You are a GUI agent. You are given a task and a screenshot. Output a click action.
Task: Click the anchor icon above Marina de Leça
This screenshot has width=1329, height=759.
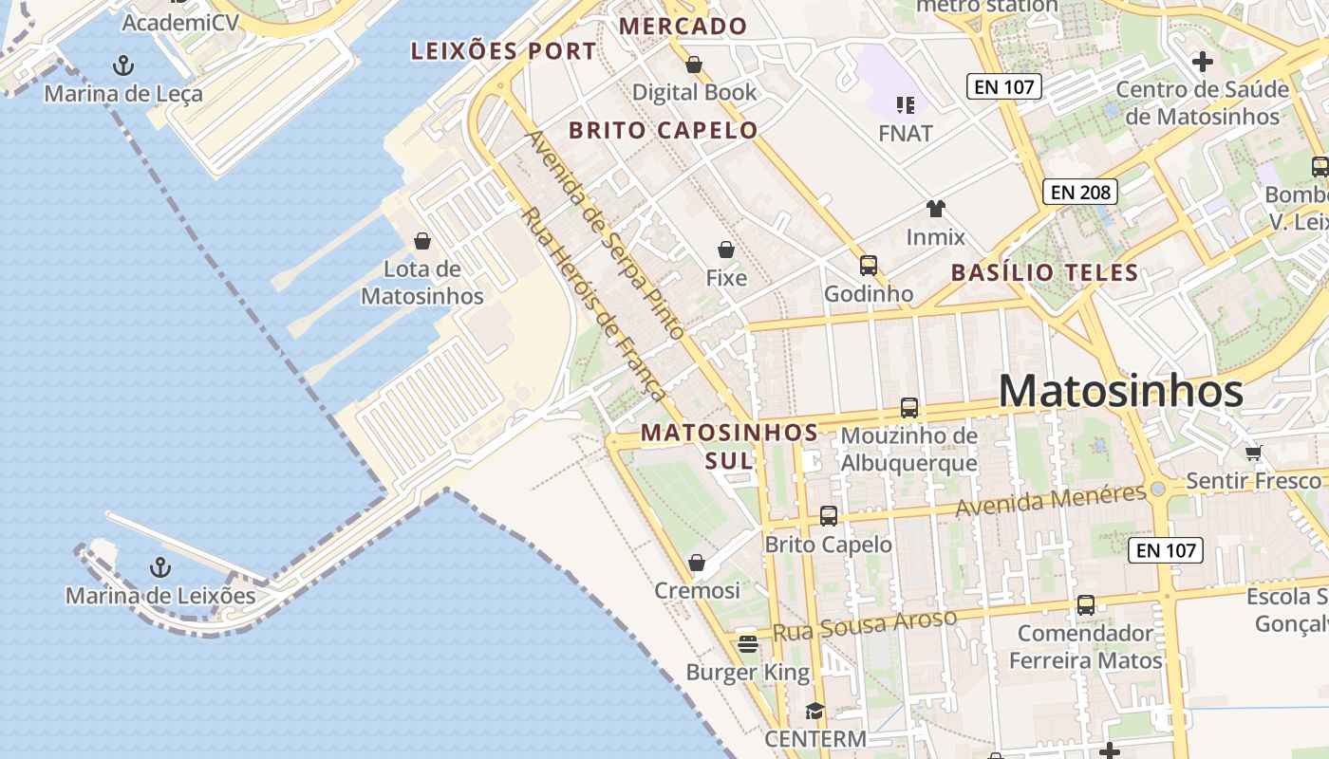click(123, 65)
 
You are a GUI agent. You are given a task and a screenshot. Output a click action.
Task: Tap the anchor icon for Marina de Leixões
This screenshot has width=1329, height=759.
click(160, 567)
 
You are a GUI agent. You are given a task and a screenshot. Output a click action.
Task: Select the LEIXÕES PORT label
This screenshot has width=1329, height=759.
click(503, 51)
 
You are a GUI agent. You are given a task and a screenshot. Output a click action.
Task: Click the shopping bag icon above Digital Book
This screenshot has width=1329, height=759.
click(694, 65)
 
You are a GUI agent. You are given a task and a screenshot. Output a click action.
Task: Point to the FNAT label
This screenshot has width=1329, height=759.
click(906, 134)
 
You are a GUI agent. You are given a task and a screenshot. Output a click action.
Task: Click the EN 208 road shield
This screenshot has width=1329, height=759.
click(1080, 192)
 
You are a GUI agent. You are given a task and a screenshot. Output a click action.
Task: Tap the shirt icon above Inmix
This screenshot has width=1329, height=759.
click(936, 209)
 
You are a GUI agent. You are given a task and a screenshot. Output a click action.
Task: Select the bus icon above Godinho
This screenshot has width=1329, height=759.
click(868, 266)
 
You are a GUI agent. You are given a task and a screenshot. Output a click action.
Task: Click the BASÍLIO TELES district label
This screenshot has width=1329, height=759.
click(1044, 273)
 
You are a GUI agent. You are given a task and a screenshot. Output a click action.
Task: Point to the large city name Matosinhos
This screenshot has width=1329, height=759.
click(1120, 391)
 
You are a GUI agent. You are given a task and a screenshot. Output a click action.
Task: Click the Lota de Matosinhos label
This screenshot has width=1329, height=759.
click(422, 283)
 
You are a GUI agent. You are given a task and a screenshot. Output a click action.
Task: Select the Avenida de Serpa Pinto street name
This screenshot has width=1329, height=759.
click(604, 234)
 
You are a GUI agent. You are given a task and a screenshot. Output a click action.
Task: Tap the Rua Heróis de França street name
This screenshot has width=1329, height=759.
click(593, 304)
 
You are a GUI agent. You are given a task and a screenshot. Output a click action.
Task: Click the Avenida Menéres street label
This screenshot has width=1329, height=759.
click(1050, 500)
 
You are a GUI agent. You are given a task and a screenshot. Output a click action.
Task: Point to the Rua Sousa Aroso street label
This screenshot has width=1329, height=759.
click(864, 625)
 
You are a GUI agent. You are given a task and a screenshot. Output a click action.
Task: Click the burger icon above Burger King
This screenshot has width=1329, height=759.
click(748, 644)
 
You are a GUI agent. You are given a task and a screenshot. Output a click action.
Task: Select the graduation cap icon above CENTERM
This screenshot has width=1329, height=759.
click(814, 711)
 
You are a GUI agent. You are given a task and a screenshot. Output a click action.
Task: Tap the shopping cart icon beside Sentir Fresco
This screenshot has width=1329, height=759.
click(1254, 454)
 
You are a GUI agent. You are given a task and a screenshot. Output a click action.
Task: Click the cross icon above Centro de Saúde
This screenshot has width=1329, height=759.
click(1202, 63)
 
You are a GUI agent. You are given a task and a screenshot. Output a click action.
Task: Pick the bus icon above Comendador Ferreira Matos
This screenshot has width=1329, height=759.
click(1085, 604)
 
